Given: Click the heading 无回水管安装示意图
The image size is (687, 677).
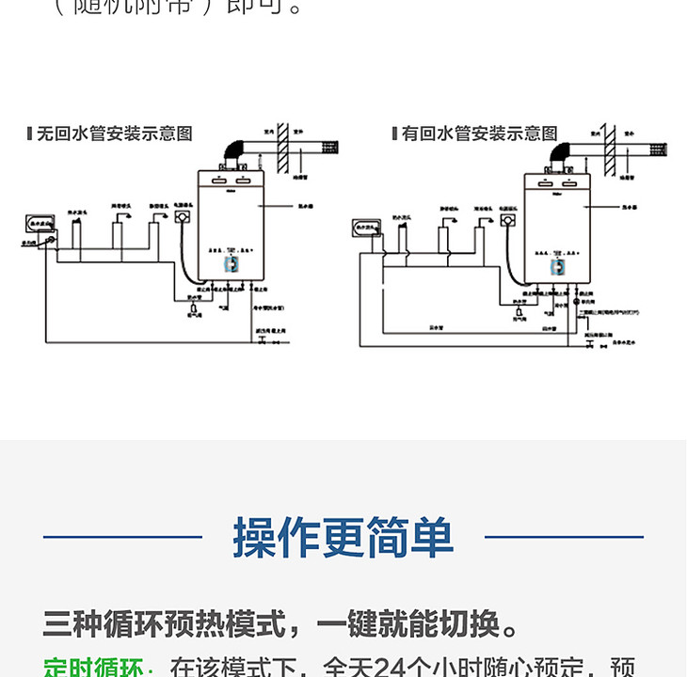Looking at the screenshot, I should (x=114, y=134).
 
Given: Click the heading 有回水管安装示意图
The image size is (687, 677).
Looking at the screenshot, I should (x=479, y=134).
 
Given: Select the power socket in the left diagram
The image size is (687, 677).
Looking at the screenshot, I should (x=182, y=216).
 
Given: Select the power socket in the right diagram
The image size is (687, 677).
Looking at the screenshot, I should (x=509, y=221).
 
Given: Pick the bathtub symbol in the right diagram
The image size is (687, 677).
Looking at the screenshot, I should (x=364, y=226).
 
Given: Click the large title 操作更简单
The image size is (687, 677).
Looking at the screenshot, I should (x=343, y=538).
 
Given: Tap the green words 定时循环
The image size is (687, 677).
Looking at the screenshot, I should (x=93, y=669).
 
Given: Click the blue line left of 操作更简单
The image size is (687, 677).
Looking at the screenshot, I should (x=122, y=538).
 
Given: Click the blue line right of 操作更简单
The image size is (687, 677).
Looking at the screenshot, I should (x=564, y=538).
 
